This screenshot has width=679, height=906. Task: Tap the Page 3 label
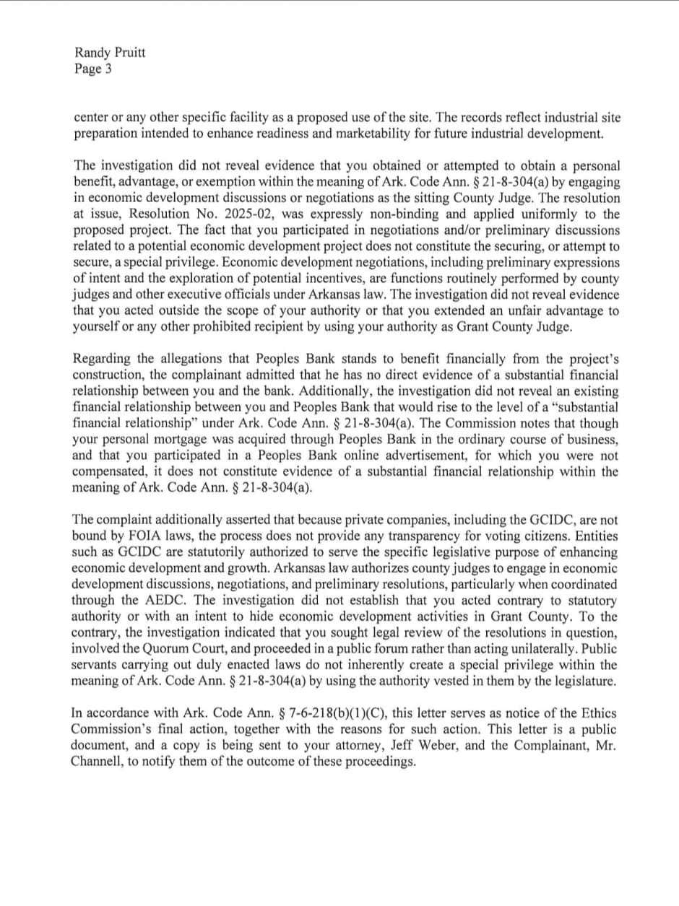[x=92, y=69]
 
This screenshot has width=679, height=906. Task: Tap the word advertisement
[x=426, y=456]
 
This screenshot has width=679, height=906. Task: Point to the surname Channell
[x=98, y=762]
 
